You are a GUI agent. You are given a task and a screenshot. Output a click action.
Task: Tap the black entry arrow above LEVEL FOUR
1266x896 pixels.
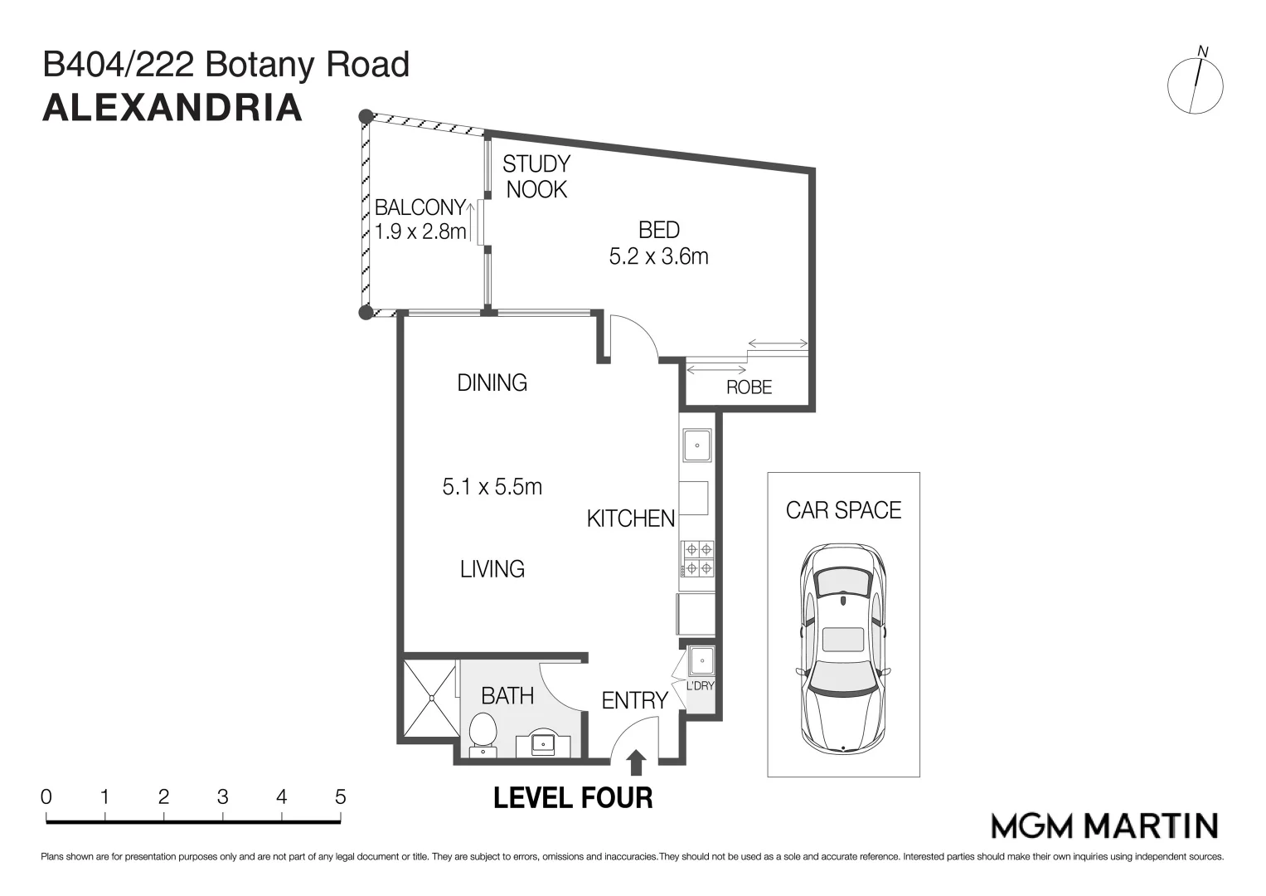click(x=636, y=762)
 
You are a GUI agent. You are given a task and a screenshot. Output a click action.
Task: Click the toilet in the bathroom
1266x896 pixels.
click(x=482, y=734)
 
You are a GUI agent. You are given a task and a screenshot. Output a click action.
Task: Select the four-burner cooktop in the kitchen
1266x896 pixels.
click(x=697, y=558)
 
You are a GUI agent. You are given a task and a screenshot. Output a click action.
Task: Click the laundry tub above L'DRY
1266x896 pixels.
click(x=701, y=661)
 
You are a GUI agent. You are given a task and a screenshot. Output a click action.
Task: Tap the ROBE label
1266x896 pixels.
click(x=749, y=387)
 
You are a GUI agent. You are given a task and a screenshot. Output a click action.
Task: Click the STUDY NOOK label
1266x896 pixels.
click(x=536, y=177)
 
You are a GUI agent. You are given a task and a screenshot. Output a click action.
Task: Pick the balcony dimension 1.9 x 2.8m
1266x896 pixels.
click(x=420, y=231)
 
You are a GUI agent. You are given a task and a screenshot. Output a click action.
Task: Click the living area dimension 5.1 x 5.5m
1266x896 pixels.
click(x=492, y=486)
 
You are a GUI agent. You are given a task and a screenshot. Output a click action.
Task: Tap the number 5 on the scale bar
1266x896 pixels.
click(x=340, y=797)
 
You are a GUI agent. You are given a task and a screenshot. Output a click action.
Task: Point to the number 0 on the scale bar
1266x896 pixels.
click(x=46, y=797)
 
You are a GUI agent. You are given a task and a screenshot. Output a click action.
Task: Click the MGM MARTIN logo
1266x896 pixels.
click(x=1104, y=825)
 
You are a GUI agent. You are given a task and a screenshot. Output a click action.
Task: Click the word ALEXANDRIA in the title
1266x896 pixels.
click(x=172, y=108)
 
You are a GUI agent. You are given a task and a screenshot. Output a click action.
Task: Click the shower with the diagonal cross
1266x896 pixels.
click(x=429, y=698)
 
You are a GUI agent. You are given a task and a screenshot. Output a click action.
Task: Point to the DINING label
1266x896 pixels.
click(x=492, y=382)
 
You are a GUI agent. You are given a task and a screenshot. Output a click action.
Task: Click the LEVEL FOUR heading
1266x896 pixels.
click(x=573, y=798)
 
